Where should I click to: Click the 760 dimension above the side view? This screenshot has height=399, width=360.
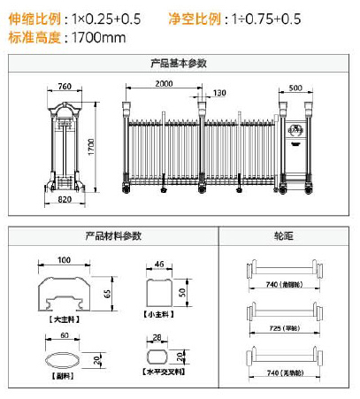point(64,87)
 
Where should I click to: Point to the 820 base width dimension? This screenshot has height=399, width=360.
point(63,200)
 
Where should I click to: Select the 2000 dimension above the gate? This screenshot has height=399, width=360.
point(163,83)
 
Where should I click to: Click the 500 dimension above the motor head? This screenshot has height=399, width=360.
point(295,87)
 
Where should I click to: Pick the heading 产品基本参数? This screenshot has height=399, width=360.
point(180,64)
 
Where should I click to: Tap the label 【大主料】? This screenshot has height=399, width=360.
point(62,319)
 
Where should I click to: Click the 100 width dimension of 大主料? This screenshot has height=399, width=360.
point(64,259)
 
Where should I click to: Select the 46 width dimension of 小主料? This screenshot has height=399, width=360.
point(159,264)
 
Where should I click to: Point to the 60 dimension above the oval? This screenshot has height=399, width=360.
point(63,336)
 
